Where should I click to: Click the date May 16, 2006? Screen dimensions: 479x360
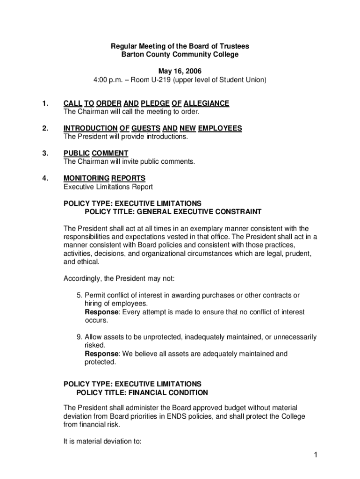click(180, 71)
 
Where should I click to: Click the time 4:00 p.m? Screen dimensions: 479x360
click(110, 80)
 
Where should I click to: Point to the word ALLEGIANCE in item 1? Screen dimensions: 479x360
click(206, 103)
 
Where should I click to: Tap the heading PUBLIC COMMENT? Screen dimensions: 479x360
click(96, 153)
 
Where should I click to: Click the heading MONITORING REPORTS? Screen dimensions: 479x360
click(104, 178)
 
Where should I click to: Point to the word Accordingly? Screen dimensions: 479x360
click(83, 278)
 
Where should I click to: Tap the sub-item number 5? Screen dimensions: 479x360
click(79, 295)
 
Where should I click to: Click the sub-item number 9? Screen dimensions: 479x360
click(79, 337)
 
